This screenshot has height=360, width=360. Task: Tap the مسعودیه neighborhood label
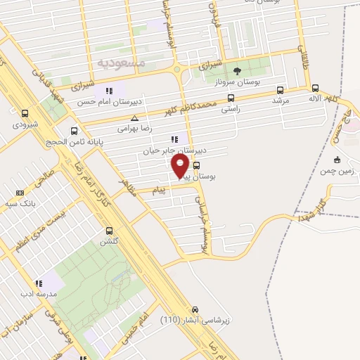pyautogui.click(x=120, y=63)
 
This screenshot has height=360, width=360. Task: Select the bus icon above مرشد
pyautogui.click(x=281, y=90)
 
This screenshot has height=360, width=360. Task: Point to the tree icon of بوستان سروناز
pyautogui.click(x=236, y=70)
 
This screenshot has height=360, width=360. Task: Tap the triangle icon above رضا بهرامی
pyautogui.click(x=143, y=117)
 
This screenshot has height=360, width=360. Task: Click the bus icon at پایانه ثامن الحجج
pyautogui.click(x=75, y=131)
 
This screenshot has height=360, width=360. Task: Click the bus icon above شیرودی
pyautogui.click(x=26, y=114)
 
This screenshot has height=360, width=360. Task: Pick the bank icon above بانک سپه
pyautogui.click(x=19, y=193)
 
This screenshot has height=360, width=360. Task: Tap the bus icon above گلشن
pyautogui.click(x=109, y=231)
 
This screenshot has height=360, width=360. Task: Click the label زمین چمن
pyautogui.click(x=337, y=171)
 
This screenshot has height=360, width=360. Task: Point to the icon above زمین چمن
pyautogui.click(x=337, y=159)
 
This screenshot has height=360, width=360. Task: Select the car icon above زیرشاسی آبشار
pyautogui.click(x=195, y=309)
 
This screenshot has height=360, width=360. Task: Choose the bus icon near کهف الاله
pyautogui.click(x=314, y=89)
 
